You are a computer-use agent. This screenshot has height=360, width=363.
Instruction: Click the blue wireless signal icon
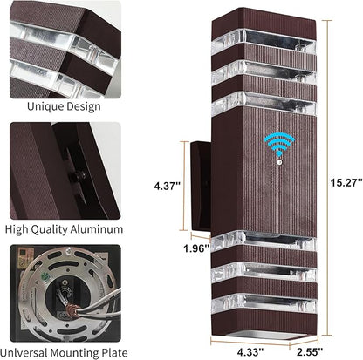click(279, 144)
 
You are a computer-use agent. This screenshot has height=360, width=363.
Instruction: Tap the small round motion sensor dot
click(279, 162)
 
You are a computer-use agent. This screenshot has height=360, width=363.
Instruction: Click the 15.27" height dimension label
click(346, 183)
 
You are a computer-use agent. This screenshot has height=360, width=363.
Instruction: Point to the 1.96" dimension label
click(196, 248)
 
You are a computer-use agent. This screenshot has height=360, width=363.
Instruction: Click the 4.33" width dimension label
click(250, 352)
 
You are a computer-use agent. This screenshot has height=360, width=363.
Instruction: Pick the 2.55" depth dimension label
click(310, 352)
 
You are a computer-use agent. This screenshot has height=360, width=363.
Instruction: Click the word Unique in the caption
click(45, 106)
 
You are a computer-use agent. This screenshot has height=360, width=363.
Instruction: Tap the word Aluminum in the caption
click(97, 229)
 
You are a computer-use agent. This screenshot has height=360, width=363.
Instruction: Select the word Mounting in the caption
click(74, 353)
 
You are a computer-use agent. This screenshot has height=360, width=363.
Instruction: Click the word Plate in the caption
click(114, 353)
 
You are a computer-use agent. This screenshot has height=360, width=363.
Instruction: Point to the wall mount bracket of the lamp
click(200, 187)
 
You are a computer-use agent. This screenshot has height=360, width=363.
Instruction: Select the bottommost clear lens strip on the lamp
click(264, 303)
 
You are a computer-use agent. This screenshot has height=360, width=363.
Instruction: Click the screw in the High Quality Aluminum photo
click(82, 174)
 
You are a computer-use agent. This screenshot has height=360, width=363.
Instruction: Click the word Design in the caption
click(83, 106)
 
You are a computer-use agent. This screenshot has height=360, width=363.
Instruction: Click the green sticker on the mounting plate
click(45, 275)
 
